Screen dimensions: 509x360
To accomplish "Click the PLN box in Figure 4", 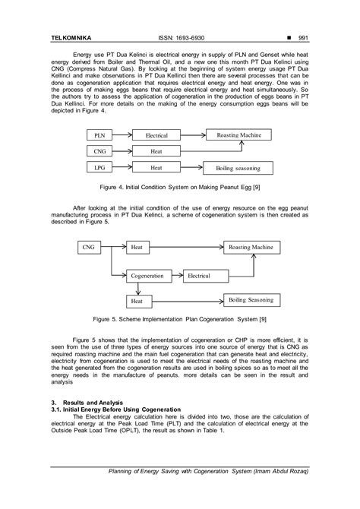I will [99, 134].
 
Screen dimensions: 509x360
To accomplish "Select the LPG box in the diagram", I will [99, 167].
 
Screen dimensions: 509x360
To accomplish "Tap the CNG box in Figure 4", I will [99, 151].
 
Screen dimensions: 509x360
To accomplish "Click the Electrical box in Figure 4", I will [156, 134].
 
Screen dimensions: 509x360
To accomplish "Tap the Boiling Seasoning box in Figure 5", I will [251, 301].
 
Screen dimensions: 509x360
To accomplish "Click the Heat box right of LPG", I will [156, 167].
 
